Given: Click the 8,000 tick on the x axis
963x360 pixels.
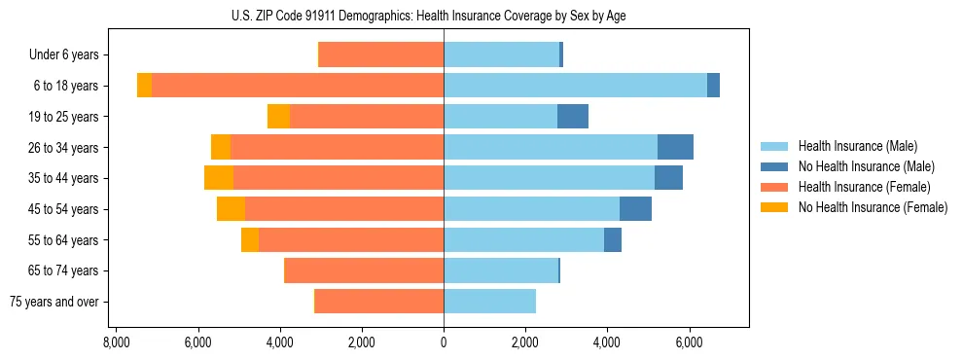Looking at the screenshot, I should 116,342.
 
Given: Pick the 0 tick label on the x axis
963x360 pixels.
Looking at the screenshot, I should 444,342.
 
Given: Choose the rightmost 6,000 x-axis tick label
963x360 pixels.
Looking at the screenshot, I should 689,342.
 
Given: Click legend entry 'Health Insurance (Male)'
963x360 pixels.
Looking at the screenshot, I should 857,146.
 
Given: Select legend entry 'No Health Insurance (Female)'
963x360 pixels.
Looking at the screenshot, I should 873,207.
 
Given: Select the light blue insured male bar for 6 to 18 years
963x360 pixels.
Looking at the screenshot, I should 575,86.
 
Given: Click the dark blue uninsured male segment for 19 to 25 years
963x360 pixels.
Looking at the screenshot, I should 573,117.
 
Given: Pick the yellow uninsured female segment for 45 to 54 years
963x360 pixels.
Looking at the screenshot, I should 231,209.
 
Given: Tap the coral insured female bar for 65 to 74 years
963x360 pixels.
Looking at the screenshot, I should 364,270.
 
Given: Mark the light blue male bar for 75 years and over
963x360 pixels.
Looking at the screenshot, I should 489,302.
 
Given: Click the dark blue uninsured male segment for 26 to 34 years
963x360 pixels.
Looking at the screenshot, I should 675,147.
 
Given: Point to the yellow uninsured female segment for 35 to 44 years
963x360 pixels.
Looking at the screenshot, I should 219,178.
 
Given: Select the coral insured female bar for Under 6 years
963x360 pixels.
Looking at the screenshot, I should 381,55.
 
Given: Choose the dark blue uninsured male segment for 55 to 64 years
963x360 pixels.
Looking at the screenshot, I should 613,239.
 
